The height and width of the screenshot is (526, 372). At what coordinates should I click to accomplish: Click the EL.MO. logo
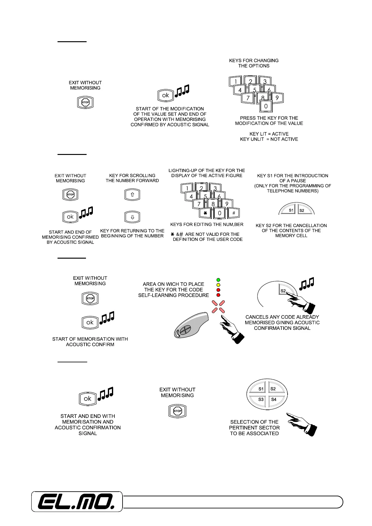point(76,502)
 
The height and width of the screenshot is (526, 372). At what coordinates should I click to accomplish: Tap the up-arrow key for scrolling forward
point(132,195)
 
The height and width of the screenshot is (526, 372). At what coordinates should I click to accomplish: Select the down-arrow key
point(132,217)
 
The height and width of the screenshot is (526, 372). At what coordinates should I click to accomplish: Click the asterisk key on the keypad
point(205,213)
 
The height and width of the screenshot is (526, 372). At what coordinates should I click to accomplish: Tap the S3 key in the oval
point(261,399)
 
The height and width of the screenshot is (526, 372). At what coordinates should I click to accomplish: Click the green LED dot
point(218,280)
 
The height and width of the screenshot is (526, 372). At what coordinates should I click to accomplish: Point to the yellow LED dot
point(218,285)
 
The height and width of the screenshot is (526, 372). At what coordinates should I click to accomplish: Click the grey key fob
point(191,325)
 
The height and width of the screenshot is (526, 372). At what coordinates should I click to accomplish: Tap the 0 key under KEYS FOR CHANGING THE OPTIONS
point(266,106)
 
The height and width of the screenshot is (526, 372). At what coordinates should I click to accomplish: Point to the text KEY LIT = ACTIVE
point(269,134)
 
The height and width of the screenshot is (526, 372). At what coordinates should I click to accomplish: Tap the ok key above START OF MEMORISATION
point(90,322)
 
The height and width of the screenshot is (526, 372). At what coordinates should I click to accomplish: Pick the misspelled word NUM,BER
point(232,224)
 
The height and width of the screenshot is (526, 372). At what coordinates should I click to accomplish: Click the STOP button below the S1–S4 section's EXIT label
point(177,411)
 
